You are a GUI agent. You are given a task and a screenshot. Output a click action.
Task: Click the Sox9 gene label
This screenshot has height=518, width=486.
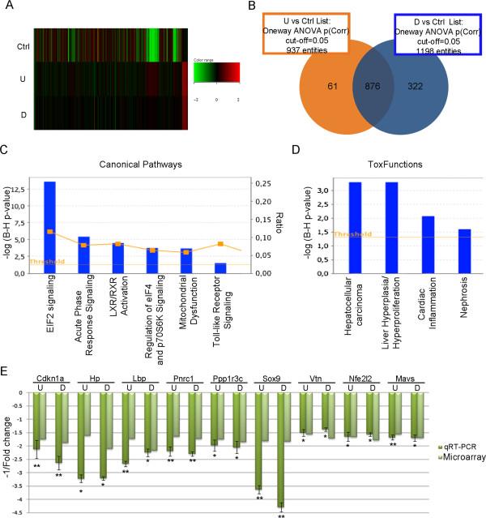point(271,378)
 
